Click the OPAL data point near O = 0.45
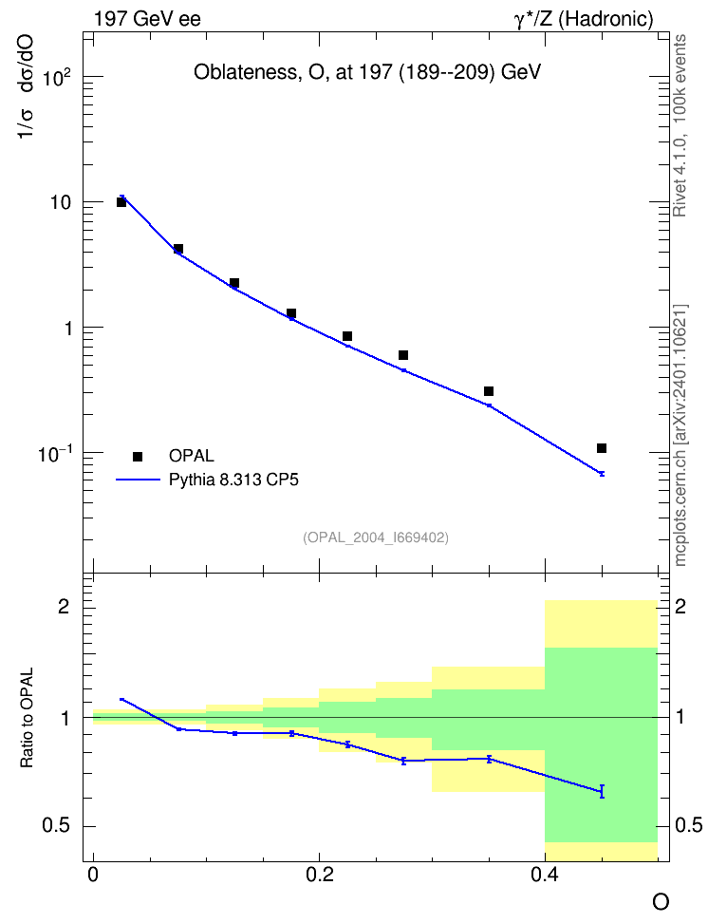click(602, 448)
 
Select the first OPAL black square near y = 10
click(121, 202)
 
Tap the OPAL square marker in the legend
click(138, 456)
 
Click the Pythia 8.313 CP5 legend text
click(233, 480)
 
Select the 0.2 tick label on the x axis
click(320, 875)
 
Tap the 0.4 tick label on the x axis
click(545, 875)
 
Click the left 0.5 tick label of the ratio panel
click(56, 826)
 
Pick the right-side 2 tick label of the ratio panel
click(680, 606)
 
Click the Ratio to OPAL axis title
click(27, 718)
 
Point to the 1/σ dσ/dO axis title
click(26, 87)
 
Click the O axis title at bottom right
click(661, 902)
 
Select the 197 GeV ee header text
click(147, 19)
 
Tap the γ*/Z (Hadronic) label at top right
click(584, 19)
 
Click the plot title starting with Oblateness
click(367, 72)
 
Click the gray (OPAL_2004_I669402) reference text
click(376, 537)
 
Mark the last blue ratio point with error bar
click(602, 791)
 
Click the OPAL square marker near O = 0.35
click(489, 391)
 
